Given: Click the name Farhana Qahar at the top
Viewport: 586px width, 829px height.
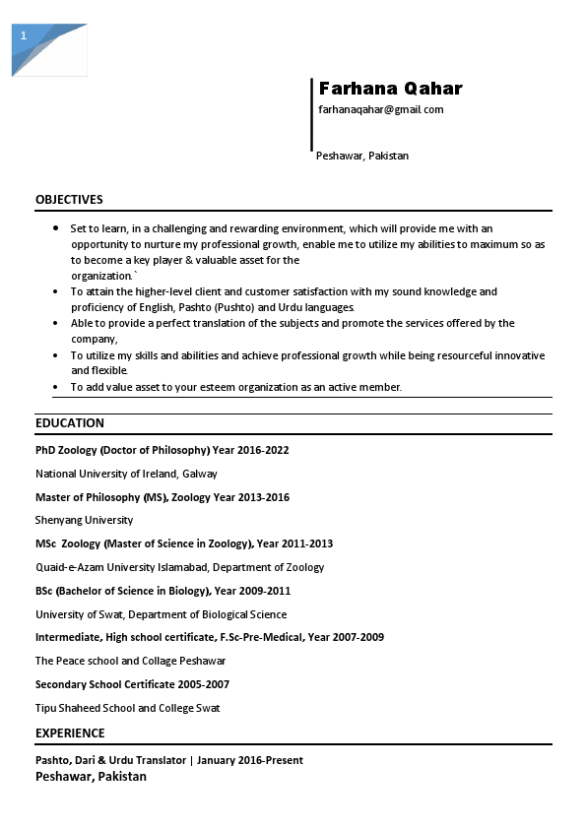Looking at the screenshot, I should (x=390, y=89).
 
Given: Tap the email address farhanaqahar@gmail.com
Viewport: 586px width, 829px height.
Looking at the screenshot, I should (x=380, y=109).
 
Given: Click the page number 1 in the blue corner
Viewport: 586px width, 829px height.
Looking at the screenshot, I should (x=24, y=35).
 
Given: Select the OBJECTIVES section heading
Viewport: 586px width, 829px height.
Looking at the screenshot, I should (x=69, y=200).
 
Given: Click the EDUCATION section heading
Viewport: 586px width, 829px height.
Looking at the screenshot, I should (x=69, y=423).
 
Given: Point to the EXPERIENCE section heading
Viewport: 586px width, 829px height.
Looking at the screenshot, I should (x=70, y=733).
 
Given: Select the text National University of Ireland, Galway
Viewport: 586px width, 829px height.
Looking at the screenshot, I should (x=126, y=474).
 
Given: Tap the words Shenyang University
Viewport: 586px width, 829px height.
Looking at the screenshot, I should (x=84, y=520).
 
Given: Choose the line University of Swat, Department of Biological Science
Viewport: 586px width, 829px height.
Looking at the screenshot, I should (x=161, y=614).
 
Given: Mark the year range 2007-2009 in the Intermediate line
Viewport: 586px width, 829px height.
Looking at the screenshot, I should (x=358, y=637).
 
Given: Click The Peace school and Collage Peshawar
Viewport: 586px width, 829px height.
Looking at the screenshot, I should (x=130, y=661).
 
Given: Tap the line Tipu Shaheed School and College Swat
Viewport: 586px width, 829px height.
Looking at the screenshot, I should (x=127, y=708).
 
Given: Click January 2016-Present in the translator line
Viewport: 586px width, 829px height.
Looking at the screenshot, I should (x=249, y=760).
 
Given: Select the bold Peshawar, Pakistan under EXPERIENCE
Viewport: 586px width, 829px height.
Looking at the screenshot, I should (x=91, y=777).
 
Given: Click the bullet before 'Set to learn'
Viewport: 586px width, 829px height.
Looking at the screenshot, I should (x=55, y=228).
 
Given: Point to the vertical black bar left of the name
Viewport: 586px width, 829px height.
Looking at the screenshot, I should (x=311, y=114).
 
